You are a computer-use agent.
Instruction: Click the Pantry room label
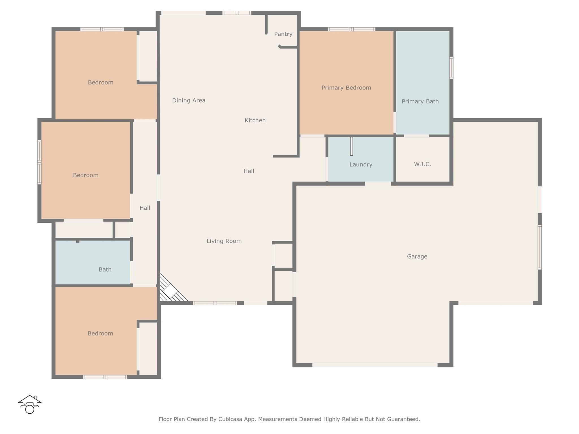283,34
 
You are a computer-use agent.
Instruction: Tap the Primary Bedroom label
346,88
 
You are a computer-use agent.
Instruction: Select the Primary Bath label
420,101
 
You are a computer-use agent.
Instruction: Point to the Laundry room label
361,164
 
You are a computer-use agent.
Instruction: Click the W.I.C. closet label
423,164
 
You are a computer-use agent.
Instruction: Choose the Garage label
417,257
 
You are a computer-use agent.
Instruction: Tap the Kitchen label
255,120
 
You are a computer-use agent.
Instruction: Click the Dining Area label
189,101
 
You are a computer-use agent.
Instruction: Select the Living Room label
224,241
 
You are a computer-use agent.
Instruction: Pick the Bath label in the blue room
105,270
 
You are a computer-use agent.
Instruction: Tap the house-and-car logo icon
30,404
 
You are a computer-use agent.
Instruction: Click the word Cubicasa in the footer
230,419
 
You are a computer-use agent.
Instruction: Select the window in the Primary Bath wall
451,68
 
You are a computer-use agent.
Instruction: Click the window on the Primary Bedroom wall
351,29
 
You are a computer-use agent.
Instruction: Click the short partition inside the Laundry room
351,146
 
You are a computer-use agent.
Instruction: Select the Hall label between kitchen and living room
249,171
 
